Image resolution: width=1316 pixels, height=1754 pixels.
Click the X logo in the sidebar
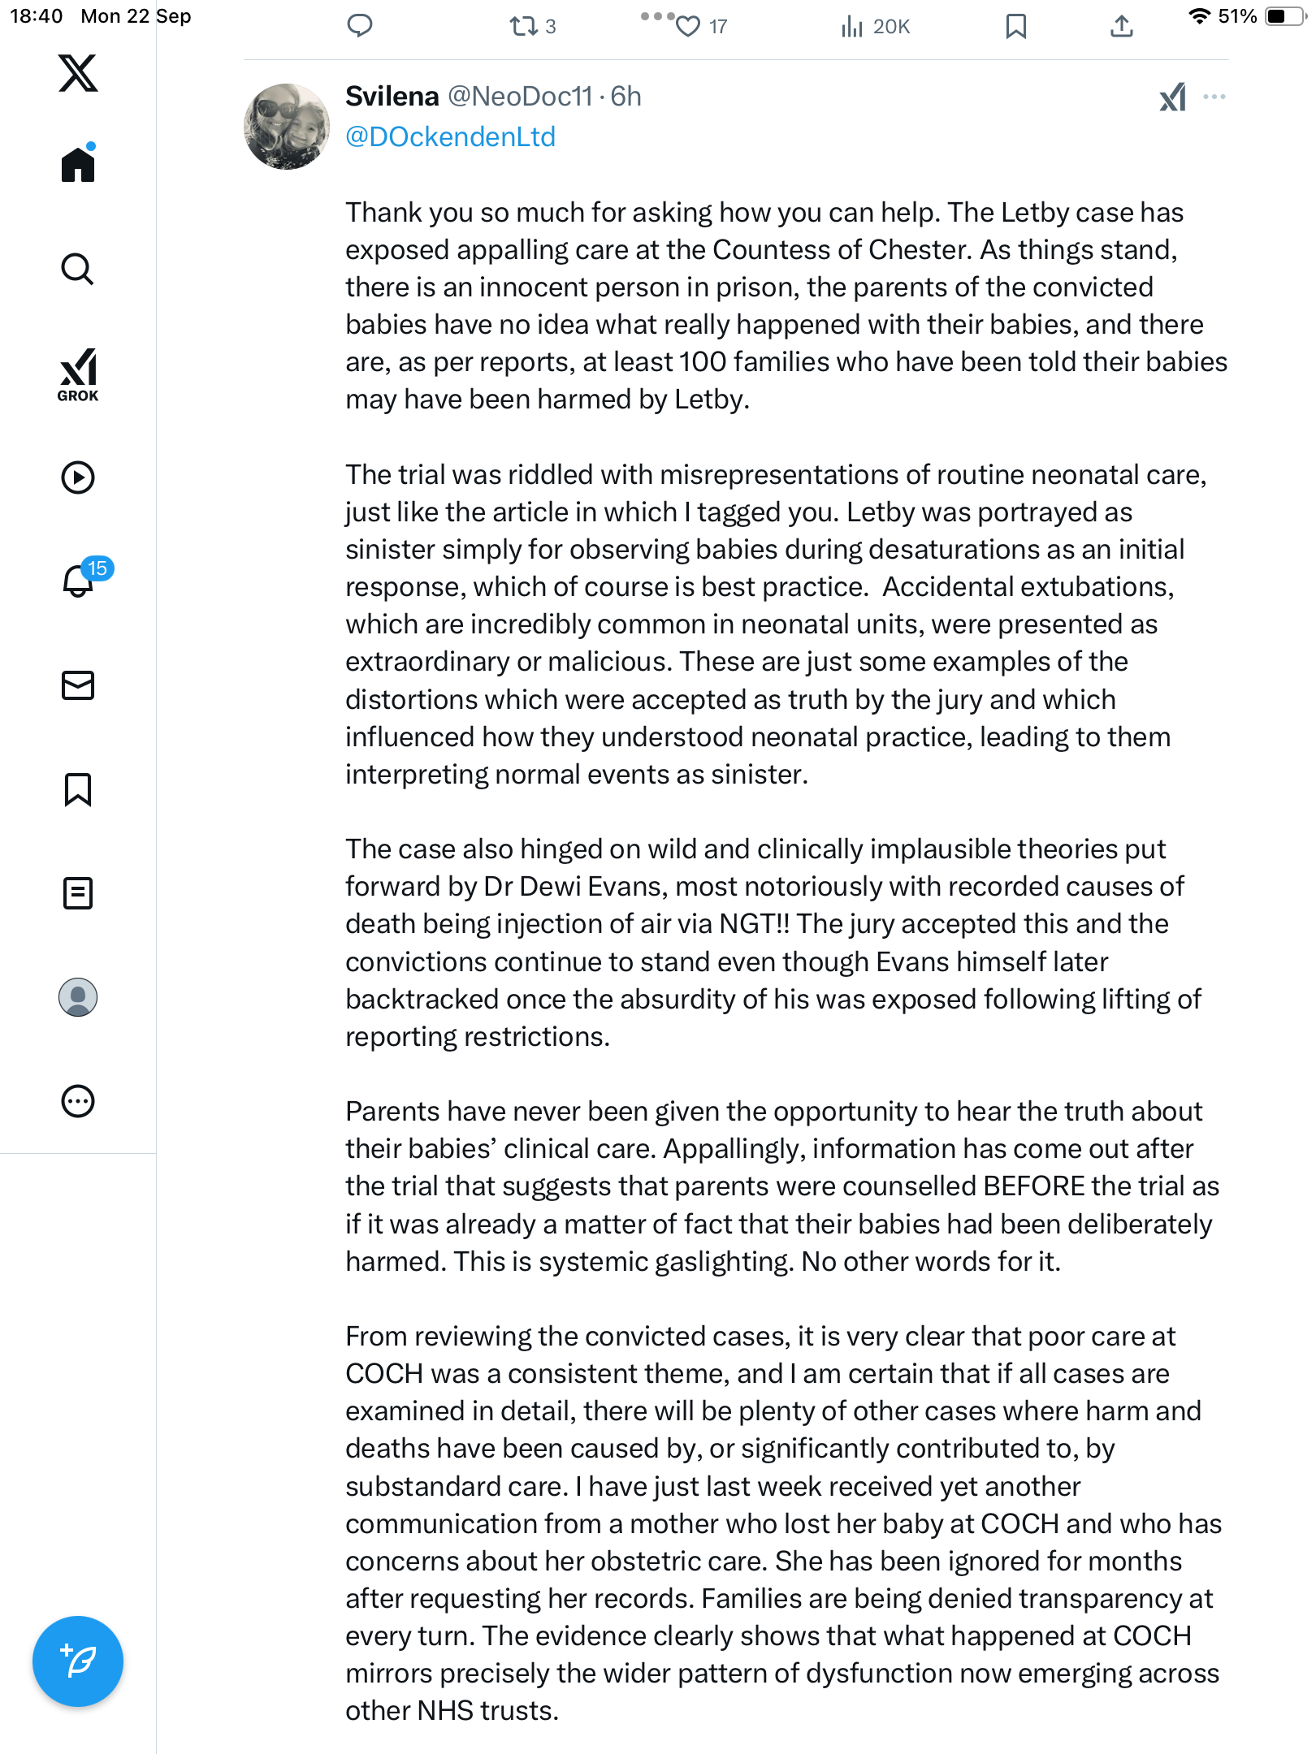pyautogui.click(x=78, y=73)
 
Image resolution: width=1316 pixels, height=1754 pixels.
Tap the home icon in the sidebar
pyautogui.click(x=78, y=164)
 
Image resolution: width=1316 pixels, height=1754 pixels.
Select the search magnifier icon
pyautogui.click(x=78, y=269)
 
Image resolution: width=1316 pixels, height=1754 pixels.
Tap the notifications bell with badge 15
pyautogui.click(x=79, y=581)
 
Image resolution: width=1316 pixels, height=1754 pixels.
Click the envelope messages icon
pyautogui.click(x=78, y=685)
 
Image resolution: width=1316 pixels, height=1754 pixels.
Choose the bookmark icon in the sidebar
pyautogui.click(x=78, y=789)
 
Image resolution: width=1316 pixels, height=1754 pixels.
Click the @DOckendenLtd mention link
pyautogui.click(x=450, y=136)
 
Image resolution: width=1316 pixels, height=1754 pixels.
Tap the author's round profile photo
pyautogui.click(x=287, y=127)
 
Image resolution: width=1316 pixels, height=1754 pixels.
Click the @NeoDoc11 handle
pyautogui.click(x=520, y=97)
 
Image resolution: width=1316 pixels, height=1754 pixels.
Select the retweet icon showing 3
pyautogui.click(x=524, y=27)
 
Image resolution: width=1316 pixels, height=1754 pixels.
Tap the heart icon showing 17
pyautogui.click(x=688, y=27)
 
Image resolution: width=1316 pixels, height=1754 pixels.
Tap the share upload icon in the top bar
pyautogui.click(x=1121, y=27)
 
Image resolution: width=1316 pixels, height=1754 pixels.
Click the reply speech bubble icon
pyautogui.click(x=359, y=26)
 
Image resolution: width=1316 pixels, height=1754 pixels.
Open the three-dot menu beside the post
pyautogui.click(x=1214, y=97)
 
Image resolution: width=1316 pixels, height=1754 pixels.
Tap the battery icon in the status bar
pyautogui.click(x=1284, y=16)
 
